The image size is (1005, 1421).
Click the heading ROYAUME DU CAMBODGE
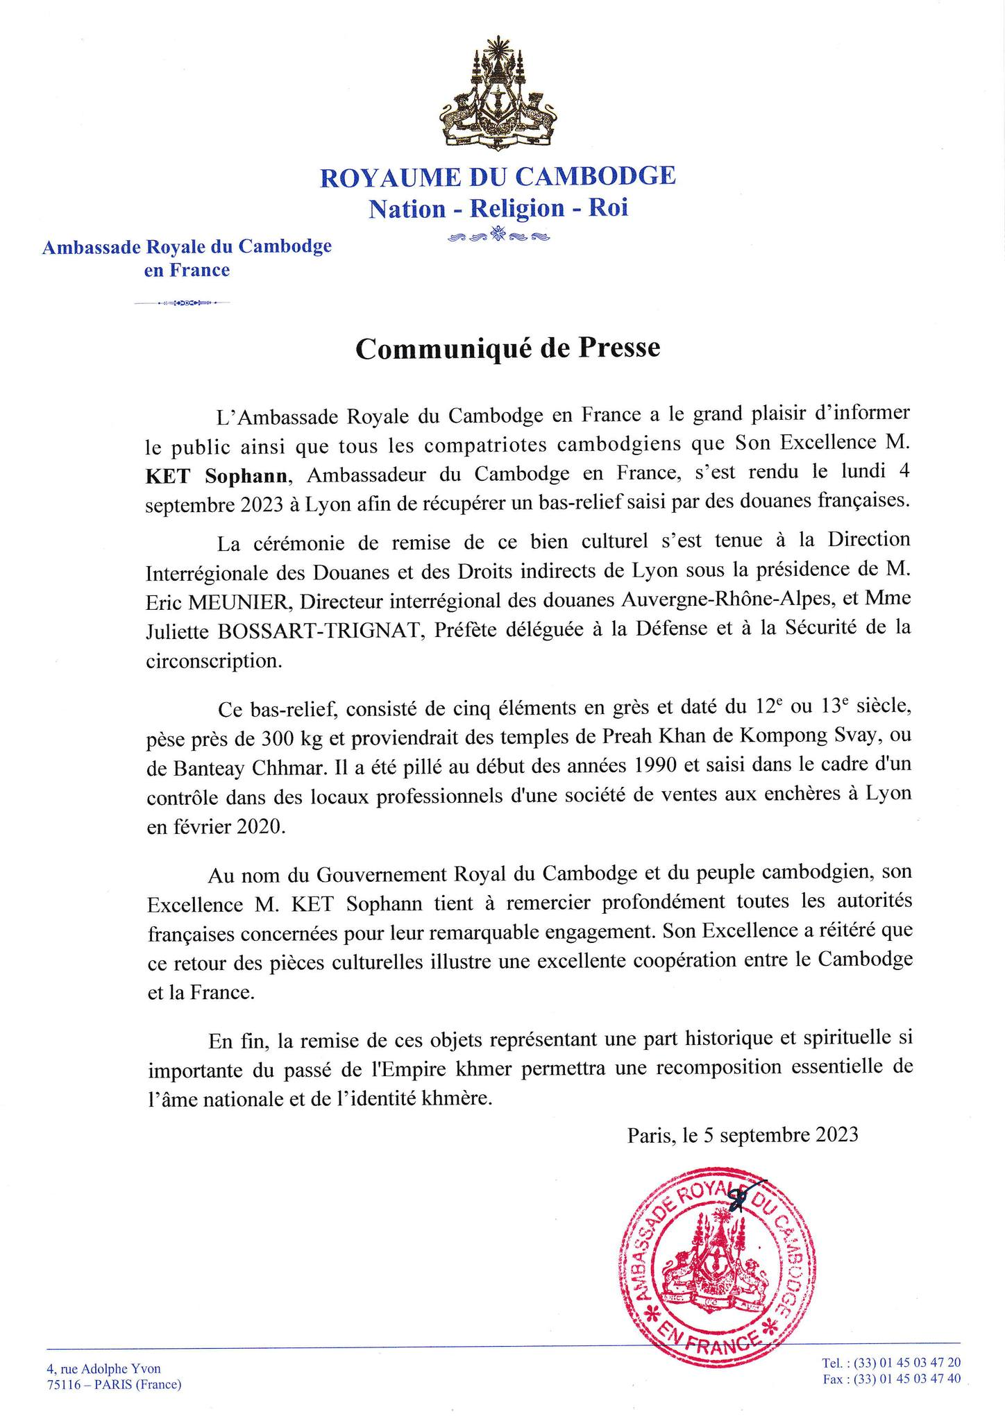click(x=498, y=176)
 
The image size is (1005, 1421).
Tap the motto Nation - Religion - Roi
click(x=498, y=208)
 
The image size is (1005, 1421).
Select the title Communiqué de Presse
click(x=507, y=348)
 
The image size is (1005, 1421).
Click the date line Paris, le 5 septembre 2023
click(x=743, y=1135)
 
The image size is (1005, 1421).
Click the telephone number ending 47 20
click(x=891, y=1363)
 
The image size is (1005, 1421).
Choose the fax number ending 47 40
click(x=892, y=1379)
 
